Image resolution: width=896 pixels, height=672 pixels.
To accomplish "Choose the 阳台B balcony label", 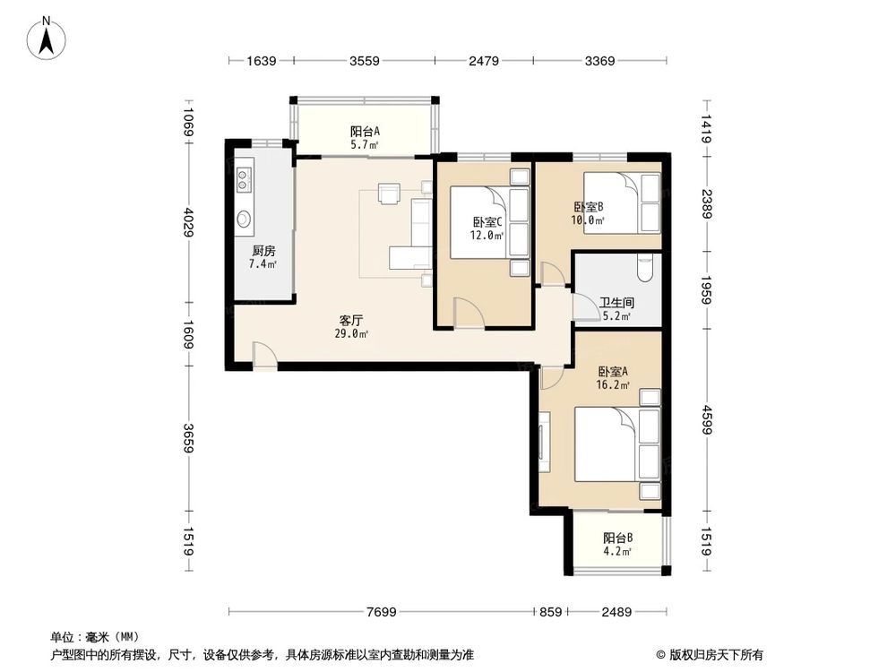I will tap(617, 538).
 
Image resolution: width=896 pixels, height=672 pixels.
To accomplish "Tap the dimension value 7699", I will tap(381, 612).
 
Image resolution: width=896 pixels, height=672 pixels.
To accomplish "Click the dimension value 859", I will tap(550, 612).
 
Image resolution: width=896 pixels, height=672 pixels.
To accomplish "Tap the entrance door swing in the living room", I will tap(263, 354).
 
